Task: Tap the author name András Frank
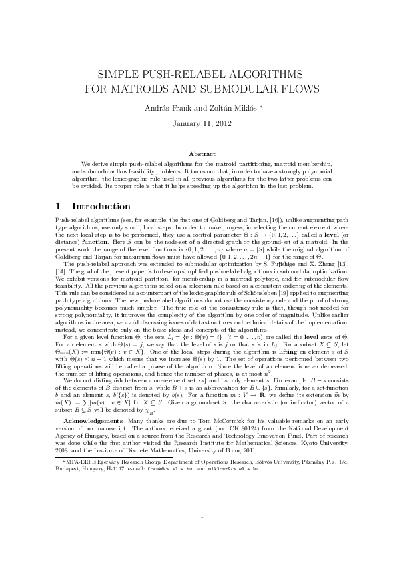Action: point(170,107)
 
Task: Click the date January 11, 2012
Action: point(198,124)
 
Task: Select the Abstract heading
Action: point(198,154)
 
